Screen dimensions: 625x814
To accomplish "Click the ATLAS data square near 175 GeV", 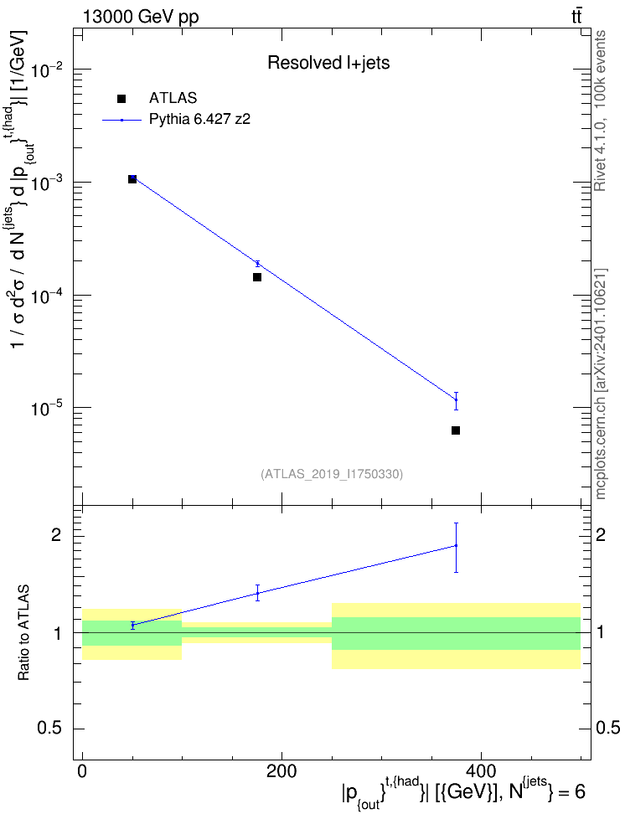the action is [x=257, y=277].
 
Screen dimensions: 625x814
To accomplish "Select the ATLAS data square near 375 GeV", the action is [x=456, y=430].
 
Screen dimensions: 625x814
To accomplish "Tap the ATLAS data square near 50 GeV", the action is [x=132, y=179].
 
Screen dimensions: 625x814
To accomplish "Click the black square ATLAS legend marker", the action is [x=121, y=99].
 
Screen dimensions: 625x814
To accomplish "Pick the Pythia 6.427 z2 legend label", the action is [x=199, y=120].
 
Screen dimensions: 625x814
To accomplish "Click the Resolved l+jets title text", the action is [x=328, y=63].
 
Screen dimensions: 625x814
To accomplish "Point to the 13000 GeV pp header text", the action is [x=141, y=17].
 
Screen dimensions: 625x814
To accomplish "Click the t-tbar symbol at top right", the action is [x=576, y=16].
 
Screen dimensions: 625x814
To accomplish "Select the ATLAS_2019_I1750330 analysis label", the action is [x=332, y=474].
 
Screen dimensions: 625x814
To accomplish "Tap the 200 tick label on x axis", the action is [x=282, y=771].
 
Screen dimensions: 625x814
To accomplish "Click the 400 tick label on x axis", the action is [x=481, y=771].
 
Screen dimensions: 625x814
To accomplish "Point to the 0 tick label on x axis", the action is [x=83, y=771].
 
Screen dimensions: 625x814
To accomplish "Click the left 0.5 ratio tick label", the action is [x=49, y=729].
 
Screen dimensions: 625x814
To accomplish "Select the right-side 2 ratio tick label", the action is [x=601, y=534].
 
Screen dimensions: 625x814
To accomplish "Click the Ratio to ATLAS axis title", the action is [x=23, y=633].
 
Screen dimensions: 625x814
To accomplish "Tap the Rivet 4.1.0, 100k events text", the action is [x=600, y=111].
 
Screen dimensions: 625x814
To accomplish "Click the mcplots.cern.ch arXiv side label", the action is [x=600, y=384].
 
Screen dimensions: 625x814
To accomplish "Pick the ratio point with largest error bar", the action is [x=456, y=546].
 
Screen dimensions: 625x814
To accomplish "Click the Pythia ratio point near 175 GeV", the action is [x=257, y=593].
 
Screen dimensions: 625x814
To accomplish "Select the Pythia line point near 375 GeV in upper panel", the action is [x=456, y=399].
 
